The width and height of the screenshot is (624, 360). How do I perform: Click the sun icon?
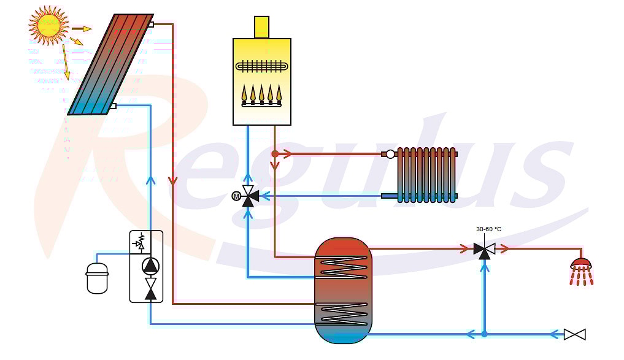point(48,25)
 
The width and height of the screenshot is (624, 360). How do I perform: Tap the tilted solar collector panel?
point(111,64)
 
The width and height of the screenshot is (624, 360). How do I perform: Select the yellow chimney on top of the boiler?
point(261,27)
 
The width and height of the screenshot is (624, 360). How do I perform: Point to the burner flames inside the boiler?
point(261,94)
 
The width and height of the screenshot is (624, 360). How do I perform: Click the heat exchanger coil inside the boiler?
point(263,66)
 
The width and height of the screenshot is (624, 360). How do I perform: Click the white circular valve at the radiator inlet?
point(390,154)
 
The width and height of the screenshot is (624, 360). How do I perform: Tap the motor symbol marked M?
point(236,196)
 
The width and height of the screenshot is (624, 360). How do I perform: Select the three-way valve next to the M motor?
point(248,196)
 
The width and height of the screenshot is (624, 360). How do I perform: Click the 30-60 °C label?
point(488,229)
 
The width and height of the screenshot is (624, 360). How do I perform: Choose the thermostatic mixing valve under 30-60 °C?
point(484,249)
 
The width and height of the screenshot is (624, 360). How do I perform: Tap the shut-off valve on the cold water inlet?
point(574,334)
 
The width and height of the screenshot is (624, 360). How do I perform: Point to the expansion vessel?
point(97,277)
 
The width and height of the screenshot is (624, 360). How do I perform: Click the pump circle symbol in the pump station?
point(150,266)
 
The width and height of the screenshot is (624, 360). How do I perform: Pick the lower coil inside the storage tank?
point(343,313)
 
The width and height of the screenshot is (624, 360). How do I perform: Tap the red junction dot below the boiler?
point(275,153)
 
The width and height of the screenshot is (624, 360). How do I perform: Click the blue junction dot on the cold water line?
point(484,334)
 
